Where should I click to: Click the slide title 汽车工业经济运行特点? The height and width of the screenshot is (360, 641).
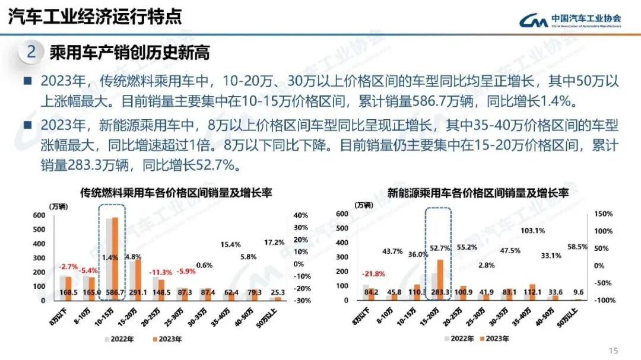[95, 16]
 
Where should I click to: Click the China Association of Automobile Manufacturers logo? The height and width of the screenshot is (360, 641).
[570, 20]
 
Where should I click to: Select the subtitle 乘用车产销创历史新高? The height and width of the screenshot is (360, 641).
[129, 53]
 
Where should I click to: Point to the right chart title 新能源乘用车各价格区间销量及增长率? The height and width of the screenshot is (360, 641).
[478, 193]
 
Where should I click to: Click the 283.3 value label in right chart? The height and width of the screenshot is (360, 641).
[439, 292]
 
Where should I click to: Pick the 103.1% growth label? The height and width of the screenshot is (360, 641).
[532, 231]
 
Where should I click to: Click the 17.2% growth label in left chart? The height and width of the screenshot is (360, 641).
[274, 242]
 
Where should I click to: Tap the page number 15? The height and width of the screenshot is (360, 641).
[614, 349]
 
